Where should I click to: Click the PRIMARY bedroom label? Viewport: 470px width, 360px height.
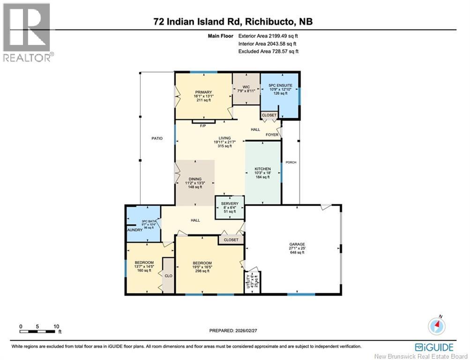[x=203, y=92]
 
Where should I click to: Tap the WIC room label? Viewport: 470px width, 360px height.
[x=246, y=87]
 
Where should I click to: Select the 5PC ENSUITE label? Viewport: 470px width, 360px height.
[x=281, y=85]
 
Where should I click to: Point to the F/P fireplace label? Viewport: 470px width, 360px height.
[x=203, y=126]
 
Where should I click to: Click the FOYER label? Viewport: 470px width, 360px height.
[x=273, y=135]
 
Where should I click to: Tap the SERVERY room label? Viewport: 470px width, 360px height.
[x=230, y=203]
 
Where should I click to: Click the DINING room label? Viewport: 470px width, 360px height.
[x=195, y=179]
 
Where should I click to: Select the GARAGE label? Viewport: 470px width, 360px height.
[x=297, y=244]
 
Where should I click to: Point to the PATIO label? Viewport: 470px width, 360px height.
[x=157, y=138]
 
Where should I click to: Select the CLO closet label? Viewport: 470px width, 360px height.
[x=168, y=276]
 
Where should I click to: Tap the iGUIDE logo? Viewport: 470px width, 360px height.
[x=434, y=347]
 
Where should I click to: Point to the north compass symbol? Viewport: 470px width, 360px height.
[x=437, y=325]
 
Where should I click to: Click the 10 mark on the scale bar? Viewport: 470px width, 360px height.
[x=56, y=326]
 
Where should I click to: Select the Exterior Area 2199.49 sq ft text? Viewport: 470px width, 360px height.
[x=268, y=36]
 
